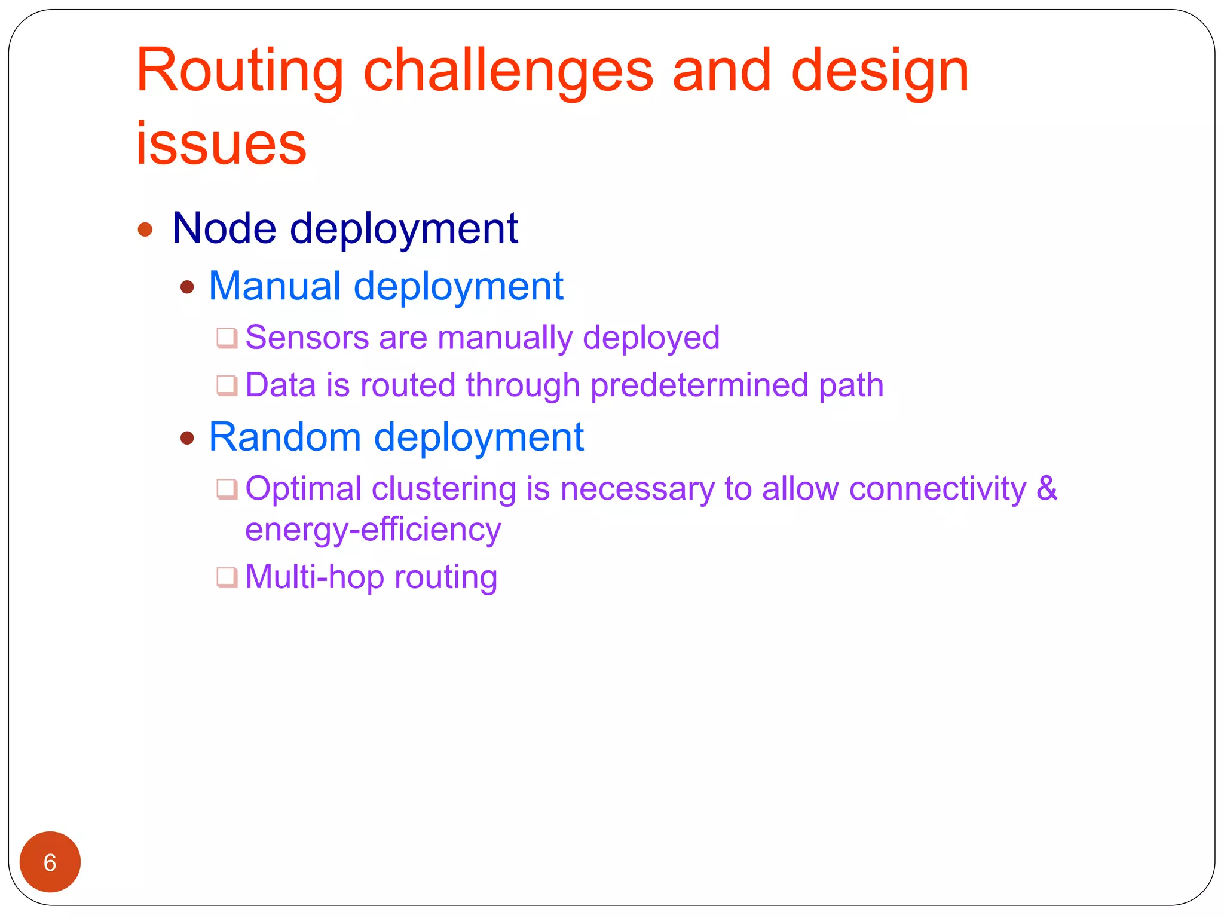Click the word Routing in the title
(239, 72)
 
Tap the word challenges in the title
(508, 72)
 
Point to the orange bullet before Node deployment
(145, 229)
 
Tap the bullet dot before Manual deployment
(187, 287)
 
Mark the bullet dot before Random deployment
(187, 439)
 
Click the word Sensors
(307, 337)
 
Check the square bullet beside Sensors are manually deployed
(227, 338)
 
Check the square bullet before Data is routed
(227, 385)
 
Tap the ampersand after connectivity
(1046, 488)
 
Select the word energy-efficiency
(373, 530)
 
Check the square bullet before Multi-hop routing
(227, 578)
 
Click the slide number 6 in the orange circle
(50, 862)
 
